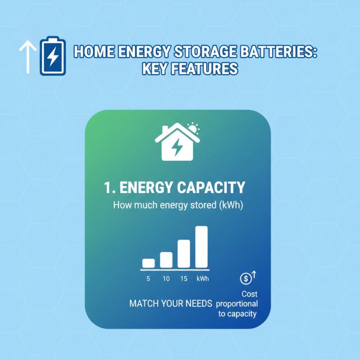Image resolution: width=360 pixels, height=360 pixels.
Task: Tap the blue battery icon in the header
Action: click(53, 56)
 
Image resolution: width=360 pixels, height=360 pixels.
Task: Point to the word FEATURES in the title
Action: click(210, 68)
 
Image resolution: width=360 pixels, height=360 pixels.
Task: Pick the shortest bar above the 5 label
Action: click(148, 263)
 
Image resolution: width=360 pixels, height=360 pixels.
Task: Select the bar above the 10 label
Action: click(166, 259)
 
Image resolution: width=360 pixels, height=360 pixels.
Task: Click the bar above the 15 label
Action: click(184, 253)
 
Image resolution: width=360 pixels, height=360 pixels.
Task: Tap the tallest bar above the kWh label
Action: click(201, 247)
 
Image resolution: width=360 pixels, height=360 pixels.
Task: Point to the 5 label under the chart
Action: click(148, 279)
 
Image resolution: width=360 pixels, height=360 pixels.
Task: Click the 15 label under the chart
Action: click(184, 279)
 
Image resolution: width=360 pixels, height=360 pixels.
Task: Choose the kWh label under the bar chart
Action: click(202, 279)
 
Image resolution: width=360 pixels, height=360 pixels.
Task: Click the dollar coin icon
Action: click(246, 279)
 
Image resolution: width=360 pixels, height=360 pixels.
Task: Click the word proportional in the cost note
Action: click(238, 304)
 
